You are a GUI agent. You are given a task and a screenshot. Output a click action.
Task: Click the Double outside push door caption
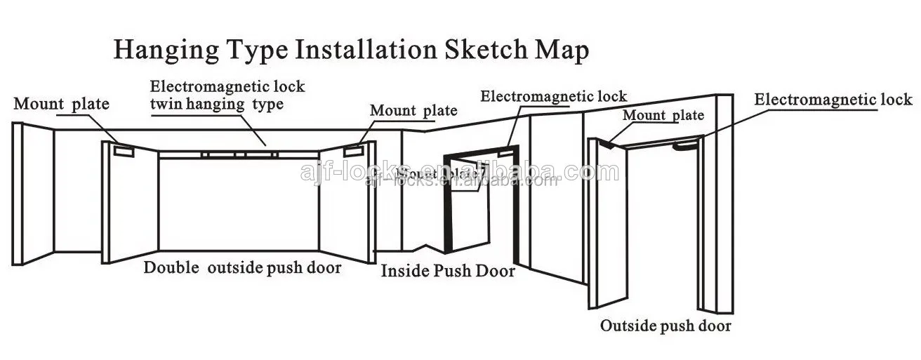(x=243, y=267)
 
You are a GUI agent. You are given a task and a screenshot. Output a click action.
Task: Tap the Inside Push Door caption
(x=448, y=272)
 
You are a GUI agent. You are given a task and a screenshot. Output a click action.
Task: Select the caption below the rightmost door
(x=665, y=326)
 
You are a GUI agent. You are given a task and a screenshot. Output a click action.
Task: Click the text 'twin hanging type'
(x=217, y=105)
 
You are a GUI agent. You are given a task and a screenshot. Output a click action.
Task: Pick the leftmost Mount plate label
(x=62, y=105)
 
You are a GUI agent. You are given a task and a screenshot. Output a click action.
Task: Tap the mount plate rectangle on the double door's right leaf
(x=352, y=149)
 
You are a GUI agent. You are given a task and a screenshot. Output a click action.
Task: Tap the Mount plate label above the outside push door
(x=663, y=115)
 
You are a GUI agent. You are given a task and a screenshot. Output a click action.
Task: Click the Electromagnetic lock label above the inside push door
(x=553, y=95)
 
